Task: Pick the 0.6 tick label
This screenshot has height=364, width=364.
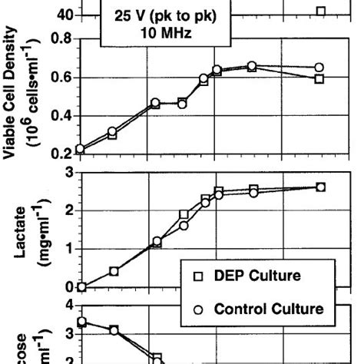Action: click(62, 78)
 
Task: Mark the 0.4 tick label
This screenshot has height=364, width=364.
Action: click(62, 116)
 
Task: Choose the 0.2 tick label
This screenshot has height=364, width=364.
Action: click(62, 154)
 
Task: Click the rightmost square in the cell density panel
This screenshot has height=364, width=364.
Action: click(319, 79)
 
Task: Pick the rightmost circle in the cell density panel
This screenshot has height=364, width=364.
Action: click(319, 68)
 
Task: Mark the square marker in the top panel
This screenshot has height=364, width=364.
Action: click(320, 11)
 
